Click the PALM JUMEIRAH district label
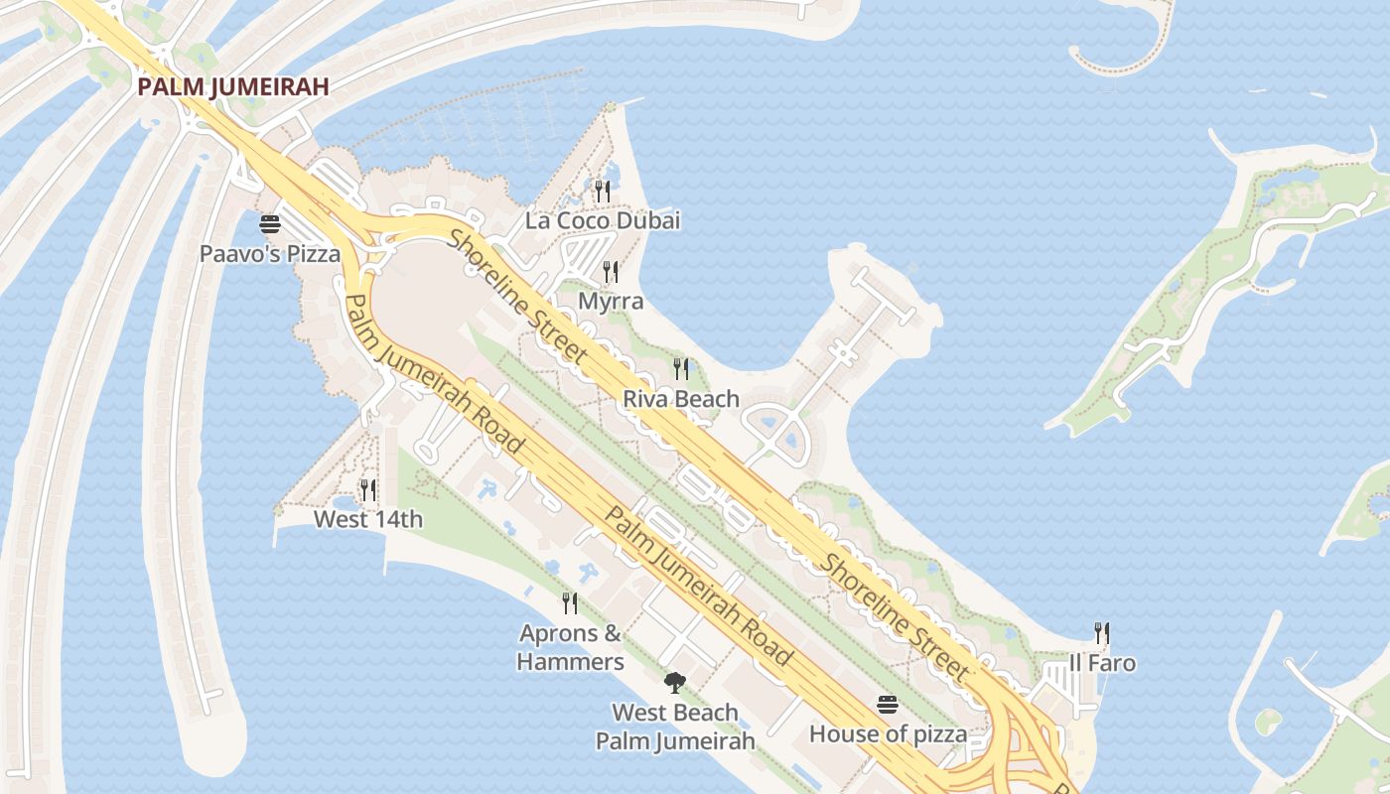pyautogui.click(x=232, y=86)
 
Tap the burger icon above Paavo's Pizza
pyautogui.click(x=270, y=224)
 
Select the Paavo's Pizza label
pyautogui.click(x=270, y=254)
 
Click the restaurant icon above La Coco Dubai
pyautogui.click(x=603, y=191)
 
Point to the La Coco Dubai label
pyautogui.click(x=603, y=220)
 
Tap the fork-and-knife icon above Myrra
pyautogui.click(x=611, y=271)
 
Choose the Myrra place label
pyautogui.click(x=611, y=301)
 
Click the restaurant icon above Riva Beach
pyautogui.click(x=681, y=369)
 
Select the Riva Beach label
pyautogui.click(x=681, y=399)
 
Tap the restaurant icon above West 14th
pyautogui.click(x=368, y=489)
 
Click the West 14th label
pyautogui.click(x=368, y=519)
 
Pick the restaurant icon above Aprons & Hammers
pyautogui.click(x=570, y=602)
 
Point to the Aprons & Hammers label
pyautogui.click(x=571, y=647)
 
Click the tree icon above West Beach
pyautogui.click(x=675, y=683)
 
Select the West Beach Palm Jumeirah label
pyautogui.click(x=675, y=727)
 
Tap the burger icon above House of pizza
pyautogui.click(x=888, y=705)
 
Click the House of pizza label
pyautogui.click(x=888, y=734)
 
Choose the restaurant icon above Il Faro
pyautogui.click(x=1101, y=633)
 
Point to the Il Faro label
pyautogui.click(x=1101, y=663)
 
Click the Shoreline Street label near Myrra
pyautogui.click(x=517, y=296)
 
